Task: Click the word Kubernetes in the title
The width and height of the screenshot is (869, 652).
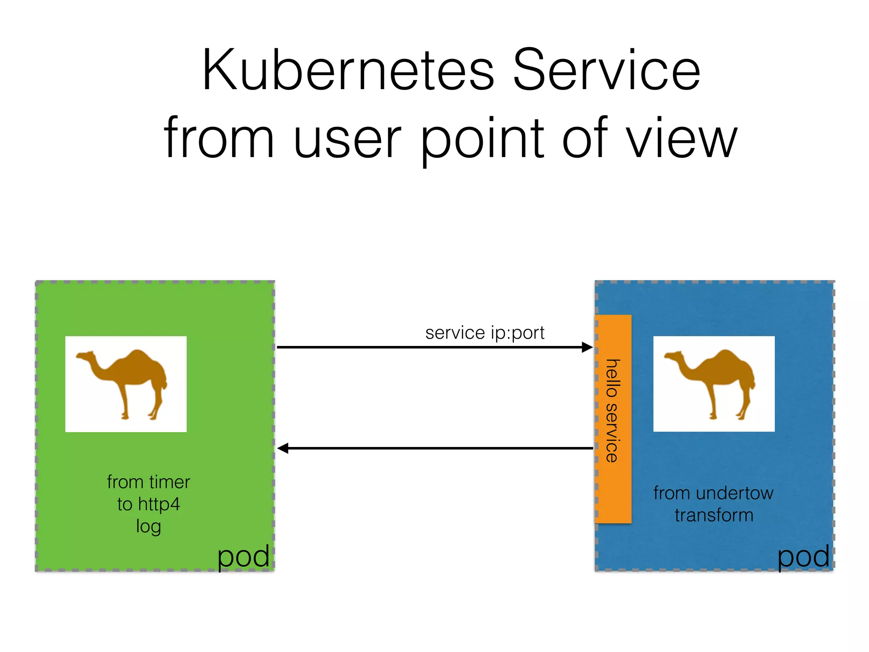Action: (x=348, y=70)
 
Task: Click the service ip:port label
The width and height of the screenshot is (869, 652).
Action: (x=485, y=333)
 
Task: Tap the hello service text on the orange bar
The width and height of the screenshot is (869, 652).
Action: (x=612, y=410)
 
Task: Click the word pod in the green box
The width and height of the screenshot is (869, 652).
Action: (x=243, y=557)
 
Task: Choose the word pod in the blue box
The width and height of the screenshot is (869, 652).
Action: (x=803, y=557)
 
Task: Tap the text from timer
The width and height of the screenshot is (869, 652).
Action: (x=148, y=482)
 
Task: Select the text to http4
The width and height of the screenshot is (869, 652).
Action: (x=148, y=504)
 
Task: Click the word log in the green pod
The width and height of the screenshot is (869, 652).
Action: (x=148, y=527)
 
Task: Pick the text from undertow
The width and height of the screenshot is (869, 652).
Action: (x=713, y=493)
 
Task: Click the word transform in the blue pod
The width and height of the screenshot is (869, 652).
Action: (x=714, y=515)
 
